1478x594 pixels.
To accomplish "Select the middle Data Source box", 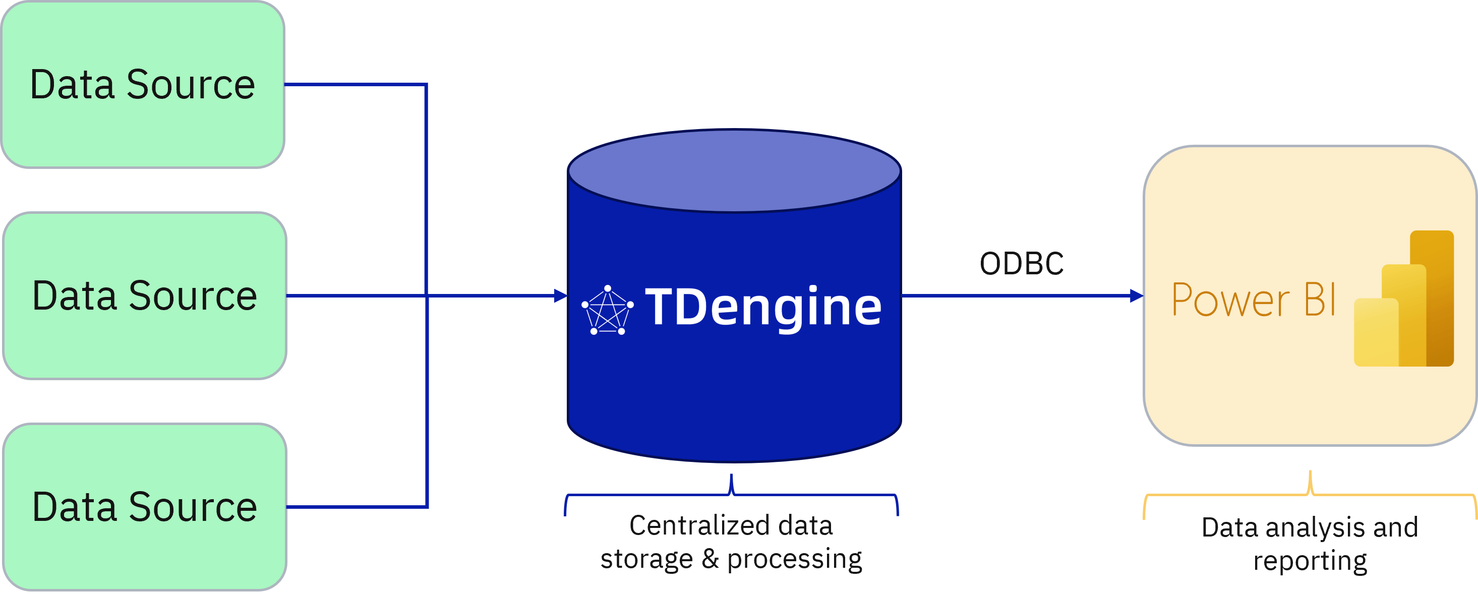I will (145, 295).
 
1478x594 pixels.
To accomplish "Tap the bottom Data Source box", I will (145, 507).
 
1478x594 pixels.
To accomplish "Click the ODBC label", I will (1021, 264).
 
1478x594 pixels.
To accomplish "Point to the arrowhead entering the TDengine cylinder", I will (561, 296).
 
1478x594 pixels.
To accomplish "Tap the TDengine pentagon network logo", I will (608, 311).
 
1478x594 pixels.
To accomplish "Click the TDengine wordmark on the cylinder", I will (763, 308).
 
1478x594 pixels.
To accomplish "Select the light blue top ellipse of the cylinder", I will (734, 171).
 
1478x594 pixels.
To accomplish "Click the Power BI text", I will (1253, 300).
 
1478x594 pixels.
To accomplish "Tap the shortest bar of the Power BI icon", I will (1376, 332).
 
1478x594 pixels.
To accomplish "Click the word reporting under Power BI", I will (1310, 561).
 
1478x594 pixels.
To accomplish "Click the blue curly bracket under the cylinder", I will (732, 494).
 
